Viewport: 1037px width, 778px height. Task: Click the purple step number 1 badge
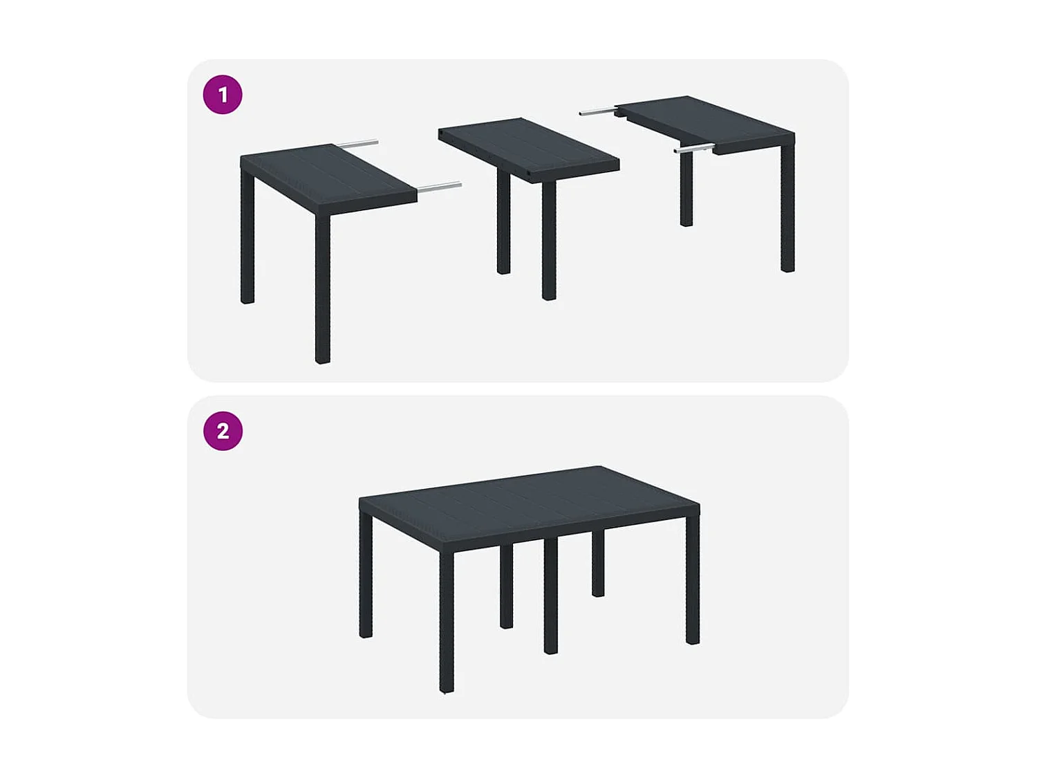coord(223,95)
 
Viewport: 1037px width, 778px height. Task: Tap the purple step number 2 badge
coord(223,431)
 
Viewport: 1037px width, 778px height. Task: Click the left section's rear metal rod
coord(358,144)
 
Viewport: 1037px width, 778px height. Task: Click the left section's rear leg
coord(247,239)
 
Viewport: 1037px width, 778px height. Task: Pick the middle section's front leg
coord(549,239)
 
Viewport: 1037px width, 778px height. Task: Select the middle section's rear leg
coord(503,221)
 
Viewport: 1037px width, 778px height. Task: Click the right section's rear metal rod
coord(597,111)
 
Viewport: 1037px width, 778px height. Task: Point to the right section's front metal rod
coord(693,148)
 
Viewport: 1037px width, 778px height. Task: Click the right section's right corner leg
coord(787,207)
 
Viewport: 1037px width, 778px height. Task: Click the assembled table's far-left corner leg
coord(366,574)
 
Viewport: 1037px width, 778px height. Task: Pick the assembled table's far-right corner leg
coord(693,581)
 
